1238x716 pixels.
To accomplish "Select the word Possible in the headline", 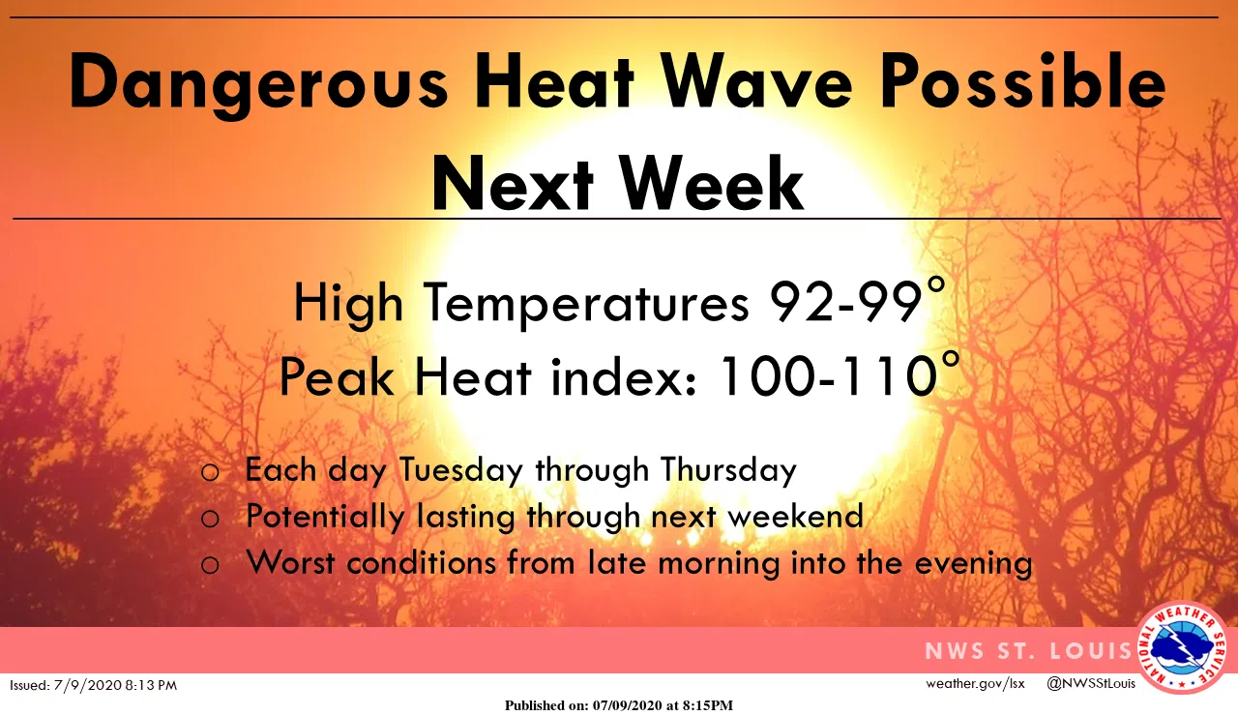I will coord(1022,84).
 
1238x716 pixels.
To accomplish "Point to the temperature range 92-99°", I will coord(856,303).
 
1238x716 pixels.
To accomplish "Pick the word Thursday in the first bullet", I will coord(728,470).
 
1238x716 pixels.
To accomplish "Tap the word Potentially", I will coord(325,517).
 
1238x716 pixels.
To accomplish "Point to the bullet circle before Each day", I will coord(210,472).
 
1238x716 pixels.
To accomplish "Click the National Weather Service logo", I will coord(1183,648).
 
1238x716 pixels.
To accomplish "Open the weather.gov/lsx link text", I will coord(974,684).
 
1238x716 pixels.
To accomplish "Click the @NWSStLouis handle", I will coord(1091,684).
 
